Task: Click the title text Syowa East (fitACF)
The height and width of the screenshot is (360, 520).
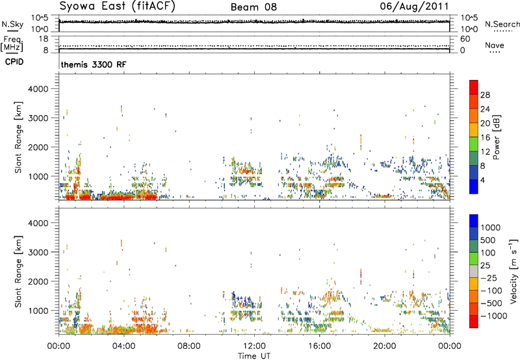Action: point(117,6)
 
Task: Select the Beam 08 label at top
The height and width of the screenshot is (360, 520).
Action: point(253,7)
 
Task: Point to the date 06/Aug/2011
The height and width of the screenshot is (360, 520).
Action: point(414,6)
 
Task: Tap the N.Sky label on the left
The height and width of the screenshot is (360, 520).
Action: point(12,24)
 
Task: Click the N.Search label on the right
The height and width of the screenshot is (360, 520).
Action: point(502,24)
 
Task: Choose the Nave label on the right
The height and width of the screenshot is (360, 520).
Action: point(495,45)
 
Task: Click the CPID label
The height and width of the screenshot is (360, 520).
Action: point(14,62)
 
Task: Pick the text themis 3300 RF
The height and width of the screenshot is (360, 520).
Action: point(94,64)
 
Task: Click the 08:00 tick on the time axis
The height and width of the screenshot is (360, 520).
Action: point(189,346)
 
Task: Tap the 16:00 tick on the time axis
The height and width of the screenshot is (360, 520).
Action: point(319,346)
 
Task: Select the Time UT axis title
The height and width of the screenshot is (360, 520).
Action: point(254,356)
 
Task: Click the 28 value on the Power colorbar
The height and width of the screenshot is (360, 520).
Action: point(485,95)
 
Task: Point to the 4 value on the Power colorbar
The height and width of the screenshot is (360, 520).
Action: point(483,180)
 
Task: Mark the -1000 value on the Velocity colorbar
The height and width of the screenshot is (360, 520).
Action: point(493,316)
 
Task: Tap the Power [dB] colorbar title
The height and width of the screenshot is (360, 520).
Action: point(497,137)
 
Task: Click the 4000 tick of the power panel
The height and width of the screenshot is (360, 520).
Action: point(38,89)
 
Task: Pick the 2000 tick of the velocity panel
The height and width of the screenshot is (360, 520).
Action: point(38,281)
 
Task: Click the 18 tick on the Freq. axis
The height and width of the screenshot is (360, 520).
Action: point(44,39)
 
